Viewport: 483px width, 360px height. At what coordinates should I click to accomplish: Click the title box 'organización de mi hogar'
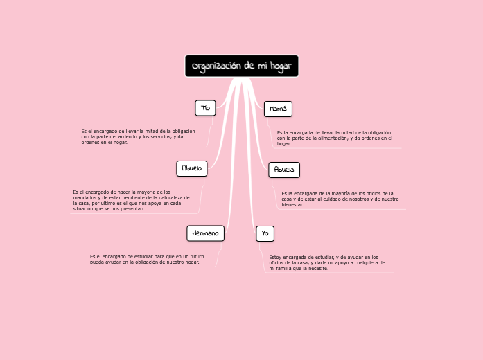coord(241,66)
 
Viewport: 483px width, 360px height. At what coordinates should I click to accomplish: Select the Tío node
coord(205,108)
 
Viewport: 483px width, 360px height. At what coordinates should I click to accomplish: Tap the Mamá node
coord(278,109)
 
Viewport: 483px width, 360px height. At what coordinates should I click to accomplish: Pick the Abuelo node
coord(191,168)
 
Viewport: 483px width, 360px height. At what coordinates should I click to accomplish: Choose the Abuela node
coord(284,169)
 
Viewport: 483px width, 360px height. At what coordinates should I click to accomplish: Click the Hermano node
coord(205,233)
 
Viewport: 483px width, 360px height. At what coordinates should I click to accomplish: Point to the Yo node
coord(264,233)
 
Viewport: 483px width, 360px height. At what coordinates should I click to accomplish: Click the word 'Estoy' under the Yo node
coord(276,257)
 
